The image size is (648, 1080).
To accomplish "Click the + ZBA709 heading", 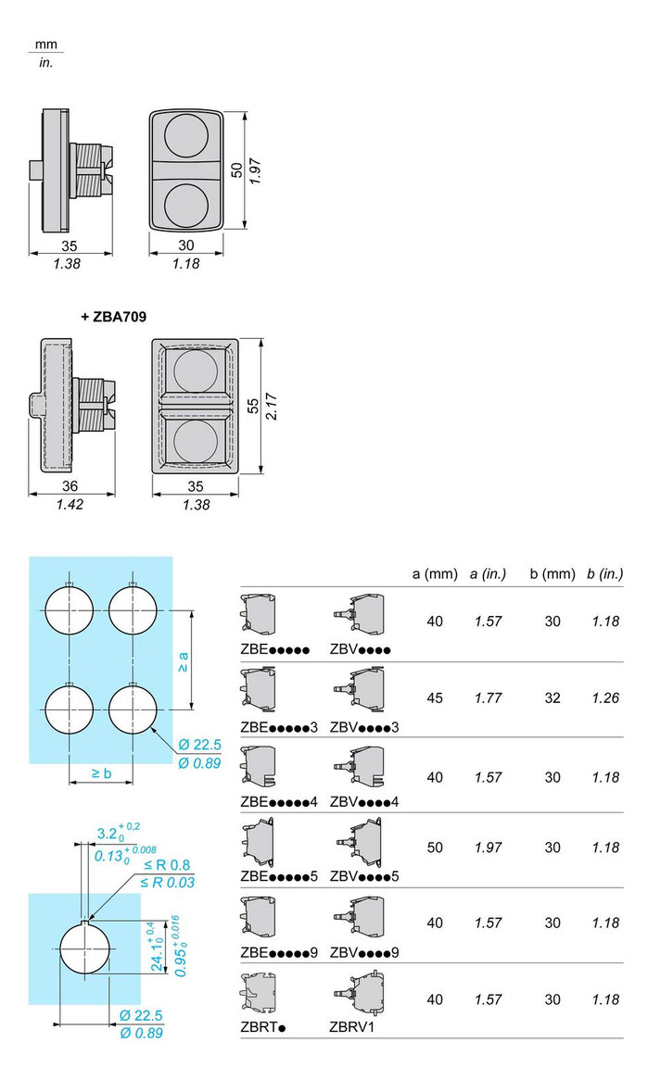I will [114, 316].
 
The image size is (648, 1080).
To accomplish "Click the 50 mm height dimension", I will [236, 170].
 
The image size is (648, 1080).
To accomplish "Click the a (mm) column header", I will [435, 574].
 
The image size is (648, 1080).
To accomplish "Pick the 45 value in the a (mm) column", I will [435, 698].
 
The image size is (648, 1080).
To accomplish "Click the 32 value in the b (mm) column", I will [553, 698].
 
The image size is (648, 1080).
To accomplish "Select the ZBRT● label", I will [263, 1026].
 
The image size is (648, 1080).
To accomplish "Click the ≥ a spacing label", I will [183, 661].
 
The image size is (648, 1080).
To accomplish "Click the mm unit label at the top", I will [45, 44].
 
